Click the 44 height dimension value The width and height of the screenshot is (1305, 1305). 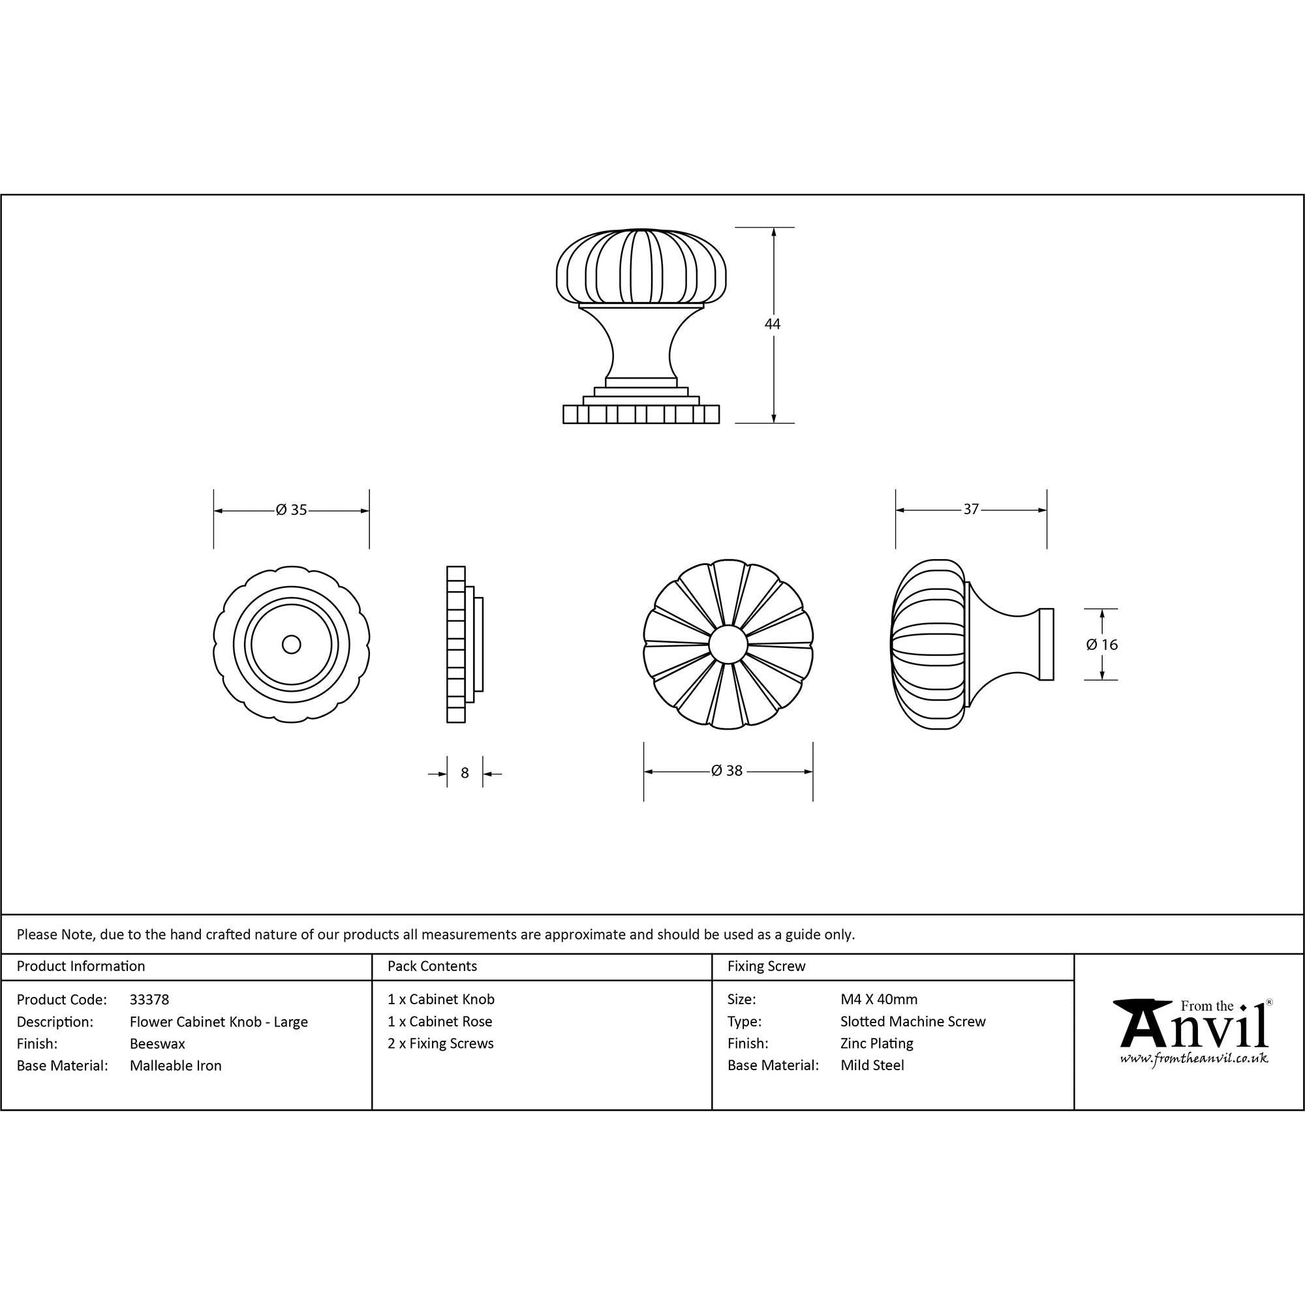click(772, 324)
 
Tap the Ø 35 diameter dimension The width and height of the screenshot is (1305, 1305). click(291, 510)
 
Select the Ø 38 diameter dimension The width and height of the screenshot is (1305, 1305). click(727, 771)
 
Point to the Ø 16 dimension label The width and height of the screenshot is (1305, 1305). click(1101, 645)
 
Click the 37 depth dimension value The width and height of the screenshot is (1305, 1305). click(971, 510)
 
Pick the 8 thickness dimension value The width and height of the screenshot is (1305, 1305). click(465, 773)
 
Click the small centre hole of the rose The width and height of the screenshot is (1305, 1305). click(292, 645)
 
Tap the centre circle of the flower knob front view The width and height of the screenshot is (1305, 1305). click(728, 645)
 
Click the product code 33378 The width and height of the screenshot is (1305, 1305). click(149, 1000)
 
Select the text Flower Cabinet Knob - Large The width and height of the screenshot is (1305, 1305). click(219, 1022)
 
